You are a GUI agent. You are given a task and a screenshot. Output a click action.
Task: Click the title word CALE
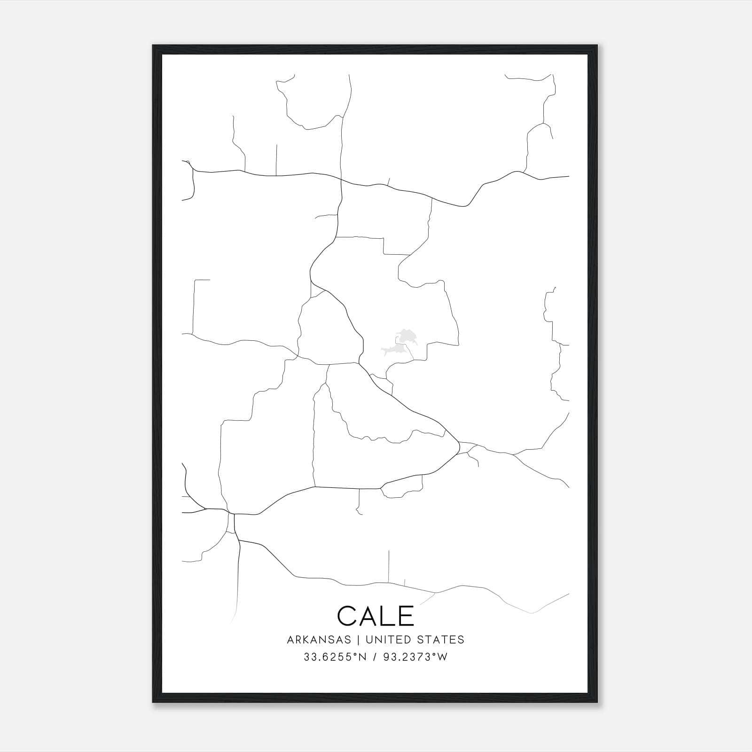click(x=376, y=616)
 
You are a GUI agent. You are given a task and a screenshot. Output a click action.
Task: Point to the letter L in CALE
click(x=388, y=616)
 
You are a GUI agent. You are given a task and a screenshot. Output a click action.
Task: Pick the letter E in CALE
click(x=406, y=616)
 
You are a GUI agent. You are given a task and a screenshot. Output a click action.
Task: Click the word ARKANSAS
click(x=319, y=640)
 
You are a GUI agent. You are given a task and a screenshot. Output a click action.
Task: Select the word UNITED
click(x=384, y=640)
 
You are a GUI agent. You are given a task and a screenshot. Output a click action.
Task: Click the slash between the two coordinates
click(x=375, y=657)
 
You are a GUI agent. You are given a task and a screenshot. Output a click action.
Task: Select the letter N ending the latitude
click(x=362, y=657)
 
